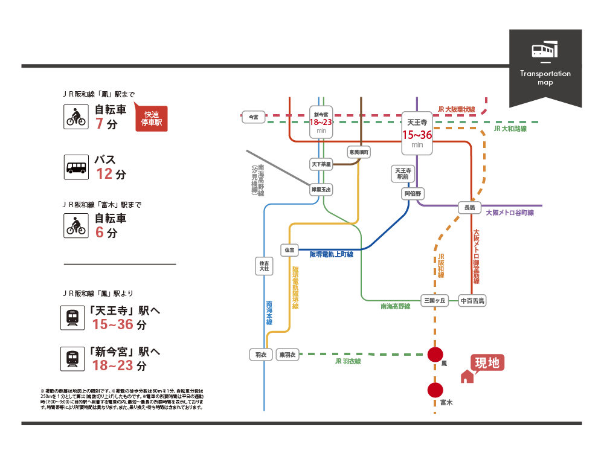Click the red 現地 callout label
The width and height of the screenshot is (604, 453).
pos(487,362)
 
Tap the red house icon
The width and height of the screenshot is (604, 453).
pos(467,377)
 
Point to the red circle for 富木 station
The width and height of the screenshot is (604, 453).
pos(435,391)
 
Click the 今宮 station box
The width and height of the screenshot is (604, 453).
pos(253,117)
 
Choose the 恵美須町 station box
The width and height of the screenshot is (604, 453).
pos(359,152)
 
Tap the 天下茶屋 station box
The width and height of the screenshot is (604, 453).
pos(321,164)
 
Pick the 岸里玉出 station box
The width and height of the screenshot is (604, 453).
pos(321,189)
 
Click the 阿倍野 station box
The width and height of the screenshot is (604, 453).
pos(414,194)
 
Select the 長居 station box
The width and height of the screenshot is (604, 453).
pos(469,207)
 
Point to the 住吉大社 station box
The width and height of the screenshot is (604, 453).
pos(263,266)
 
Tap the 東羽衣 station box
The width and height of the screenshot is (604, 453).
pos(288,355)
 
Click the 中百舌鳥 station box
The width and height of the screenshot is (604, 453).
pos(472,300)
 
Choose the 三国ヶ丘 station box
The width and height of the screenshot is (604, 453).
pos(434,300)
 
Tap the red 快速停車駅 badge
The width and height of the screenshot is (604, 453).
pos(152,118)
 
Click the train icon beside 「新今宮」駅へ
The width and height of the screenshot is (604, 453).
pos(72,358)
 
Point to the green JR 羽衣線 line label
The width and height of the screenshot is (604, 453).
pos(347,361)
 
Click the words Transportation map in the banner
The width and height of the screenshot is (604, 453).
pos(545,78)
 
